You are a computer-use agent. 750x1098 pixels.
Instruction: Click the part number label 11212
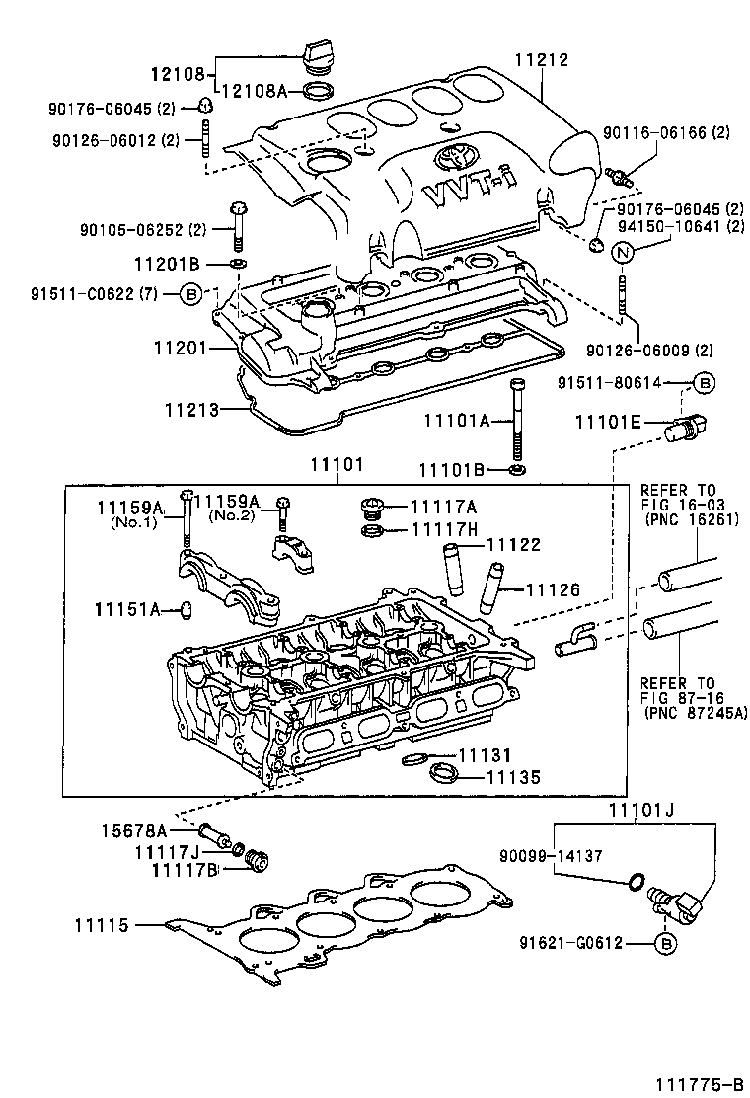(542, 61)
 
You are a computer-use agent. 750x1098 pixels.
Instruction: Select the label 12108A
(252, 91)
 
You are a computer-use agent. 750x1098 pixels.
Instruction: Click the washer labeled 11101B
(517, 467)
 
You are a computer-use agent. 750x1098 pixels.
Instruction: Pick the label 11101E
(608, 424)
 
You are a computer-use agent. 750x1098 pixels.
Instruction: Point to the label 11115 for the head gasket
(102, 925)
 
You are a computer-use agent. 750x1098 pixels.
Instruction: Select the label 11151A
(127, 609)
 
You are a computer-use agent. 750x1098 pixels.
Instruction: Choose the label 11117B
(184, 869)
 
